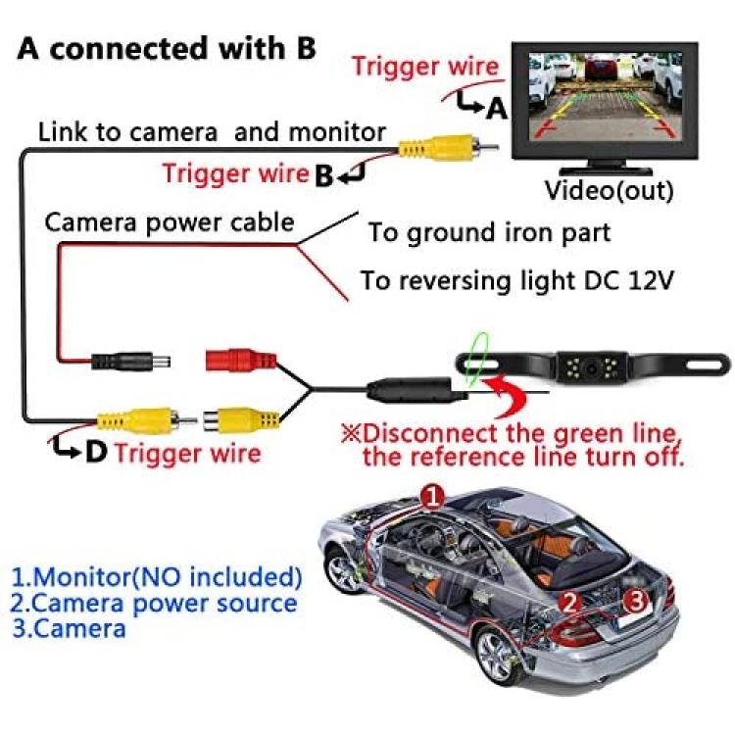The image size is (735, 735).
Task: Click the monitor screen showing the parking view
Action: click(606, 96)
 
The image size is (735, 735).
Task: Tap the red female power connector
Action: click(241, 361)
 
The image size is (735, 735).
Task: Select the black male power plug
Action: click(130, 362)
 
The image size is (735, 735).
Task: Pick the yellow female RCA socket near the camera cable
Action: click(242, 418)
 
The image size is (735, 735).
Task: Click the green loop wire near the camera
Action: click(475, 360)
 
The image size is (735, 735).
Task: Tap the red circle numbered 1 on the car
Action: click(432, 497)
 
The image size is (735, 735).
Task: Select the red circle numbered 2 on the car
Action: click(569, 603)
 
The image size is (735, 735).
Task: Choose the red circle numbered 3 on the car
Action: click(637, 600)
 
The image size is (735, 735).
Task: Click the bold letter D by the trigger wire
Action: click(96, 452)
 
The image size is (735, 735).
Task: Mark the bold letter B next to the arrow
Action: click(323, 175)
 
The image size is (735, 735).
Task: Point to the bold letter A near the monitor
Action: click(497, 109)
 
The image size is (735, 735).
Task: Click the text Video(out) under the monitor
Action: click(610, 190)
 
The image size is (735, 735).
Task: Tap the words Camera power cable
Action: click(170, 222)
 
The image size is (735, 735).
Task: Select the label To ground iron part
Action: click(489, 233)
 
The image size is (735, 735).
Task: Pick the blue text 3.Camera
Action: click(69, 628)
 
